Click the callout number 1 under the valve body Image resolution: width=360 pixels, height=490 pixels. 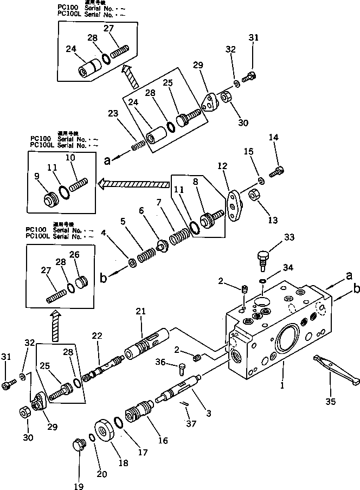[282, 388]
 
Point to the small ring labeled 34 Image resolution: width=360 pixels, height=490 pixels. [262, 280]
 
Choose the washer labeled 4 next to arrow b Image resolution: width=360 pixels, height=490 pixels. [132, 263]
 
